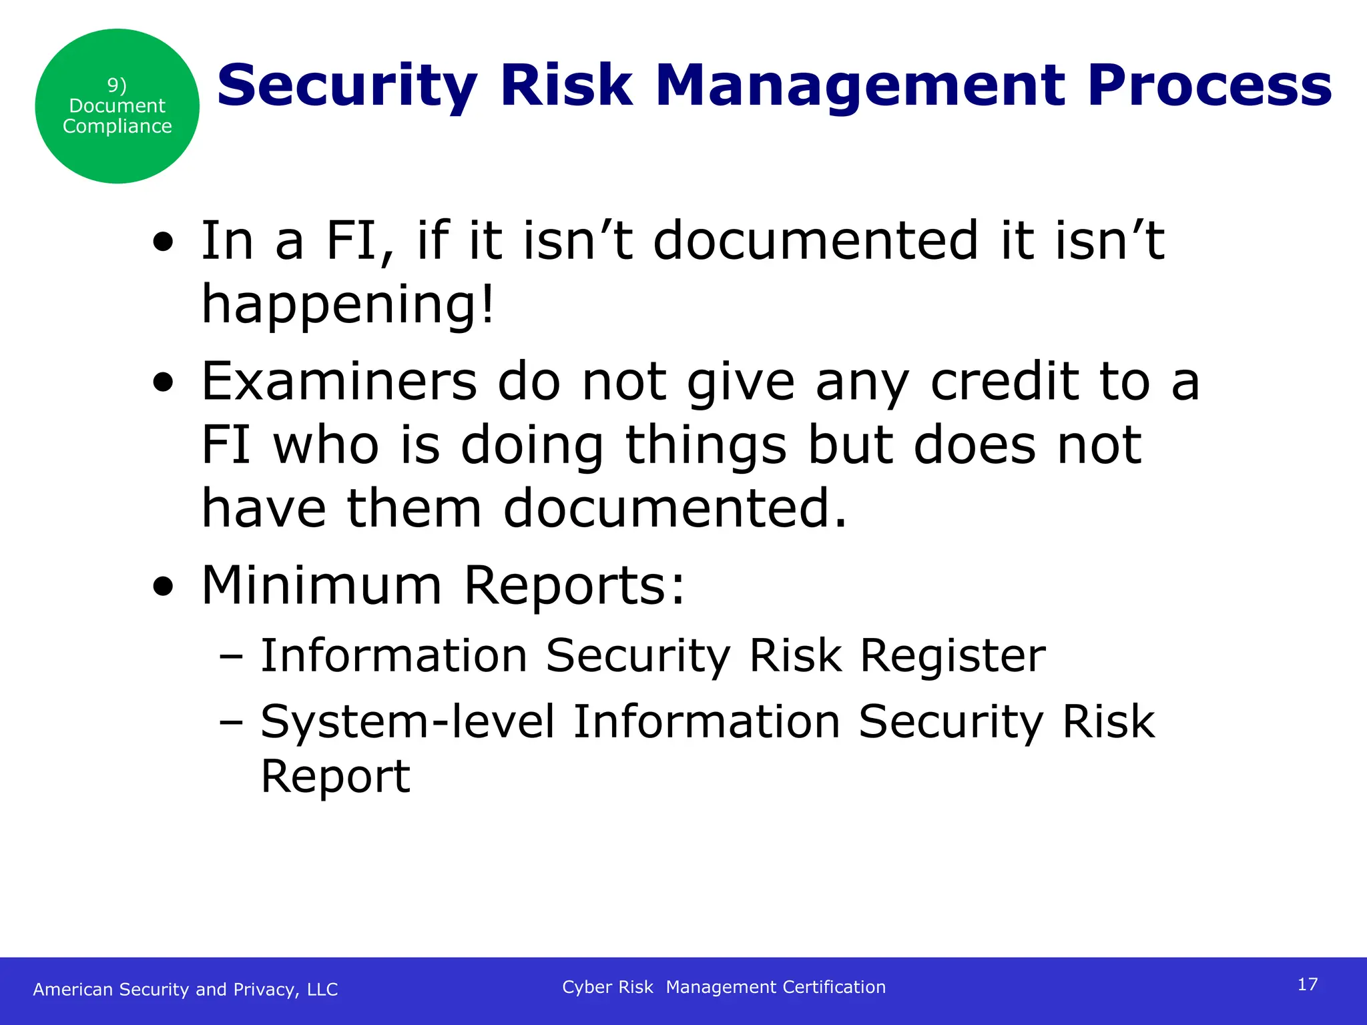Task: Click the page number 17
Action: [x=1308, y=984]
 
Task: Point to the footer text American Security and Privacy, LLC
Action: [x=186, y=989]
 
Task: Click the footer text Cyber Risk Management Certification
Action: [x=724, y=987]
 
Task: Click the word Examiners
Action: [x=339, y=382]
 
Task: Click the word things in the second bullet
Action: [x=706, y=445]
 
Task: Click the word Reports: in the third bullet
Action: [x=574, y=585]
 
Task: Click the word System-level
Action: [x=407, y=721]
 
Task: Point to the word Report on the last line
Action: [x=335, y=776]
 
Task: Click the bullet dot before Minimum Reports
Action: [x=163, y=587]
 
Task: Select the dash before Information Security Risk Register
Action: [x=231, y=657]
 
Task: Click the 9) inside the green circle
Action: [x=117, y=85]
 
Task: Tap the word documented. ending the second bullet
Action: [x=674, y=508]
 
